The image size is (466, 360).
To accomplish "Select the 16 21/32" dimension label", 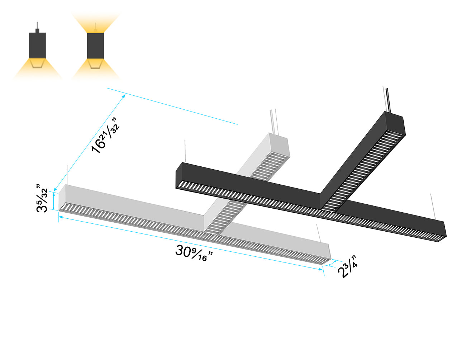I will click(104, 136).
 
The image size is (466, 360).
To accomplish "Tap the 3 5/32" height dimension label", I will click(42, 199).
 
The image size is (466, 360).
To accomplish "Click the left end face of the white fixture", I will click(61, 196).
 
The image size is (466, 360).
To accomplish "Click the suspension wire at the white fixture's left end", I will click(67, 175).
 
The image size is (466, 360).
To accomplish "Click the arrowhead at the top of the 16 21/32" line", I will click(124, 96).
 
